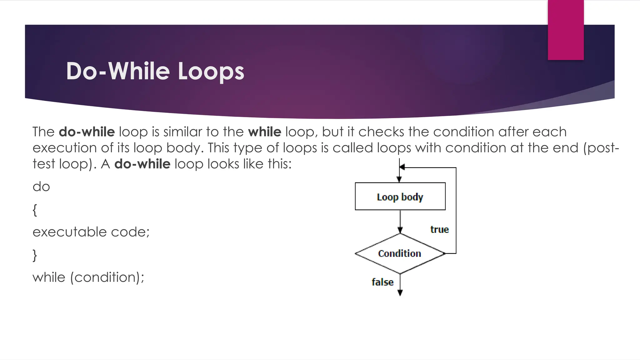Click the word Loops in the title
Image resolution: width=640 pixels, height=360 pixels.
211,71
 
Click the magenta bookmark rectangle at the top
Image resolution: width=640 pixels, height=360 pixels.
566,30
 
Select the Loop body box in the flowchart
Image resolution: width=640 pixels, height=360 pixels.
400,197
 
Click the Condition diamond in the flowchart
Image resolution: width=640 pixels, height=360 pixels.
400,253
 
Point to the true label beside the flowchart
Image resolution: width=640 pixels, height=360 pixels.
439,229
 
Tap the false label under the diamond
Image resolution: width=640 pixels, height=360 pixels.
382,282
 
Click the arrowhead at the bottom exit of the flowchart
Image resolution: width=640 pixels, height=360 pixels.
400,293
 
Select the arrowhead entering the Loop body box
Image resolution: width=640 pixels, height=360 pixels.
399,179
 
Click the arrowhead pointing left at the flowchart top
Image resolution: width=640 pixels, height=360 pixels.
402,167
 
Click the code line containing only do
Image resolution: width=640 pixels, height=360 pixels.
41,187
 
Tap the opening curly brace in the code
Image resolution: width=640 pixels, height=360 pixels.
35,210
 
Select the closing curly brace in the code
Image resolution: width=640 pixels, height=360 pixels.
35,255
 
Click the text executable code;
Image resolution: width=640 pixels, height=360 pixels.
91,232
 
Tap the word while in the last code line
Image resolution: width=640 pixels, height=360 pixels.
49,277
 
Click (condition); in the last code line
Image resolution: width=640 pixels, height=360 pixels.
107,277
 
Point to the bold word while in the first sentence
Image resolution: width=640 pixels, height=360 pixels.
265,132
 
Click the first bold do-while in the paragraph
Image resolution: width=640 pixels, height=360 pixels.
87,132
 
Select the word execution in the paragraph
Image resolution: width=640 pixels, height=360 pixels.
64,148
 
